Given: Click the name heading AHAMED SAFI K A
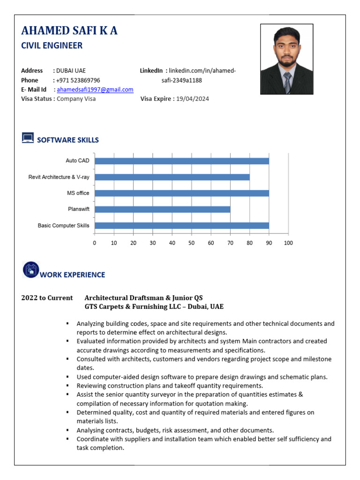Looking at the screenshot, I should point(69,31).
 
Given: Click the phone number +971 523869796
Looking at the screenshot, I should point(78,80).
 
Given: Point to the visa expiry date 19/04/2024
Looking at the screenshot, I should point(193,99).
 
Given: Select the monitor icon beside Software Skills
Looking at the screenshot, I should point(28,138).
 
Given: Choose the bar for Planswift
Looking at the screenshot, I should point(162,209).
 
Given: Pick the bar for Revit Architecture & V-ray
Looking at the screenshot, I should point(172,177).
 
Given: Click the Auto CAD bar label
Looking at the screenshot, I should point(77,161).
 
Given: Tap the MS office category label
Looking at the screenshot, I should point(78,193).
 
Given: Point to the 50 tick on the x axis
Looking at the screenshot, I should point(191,243).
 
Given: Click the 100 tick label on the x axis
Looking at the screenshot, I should point(288,243).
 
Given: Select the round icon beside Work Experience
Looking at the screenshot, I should point(30,270).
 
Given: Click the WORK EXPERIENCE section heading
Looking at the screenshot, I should point(72,275).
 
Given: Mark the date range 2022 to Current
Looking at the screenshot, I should point(47,298).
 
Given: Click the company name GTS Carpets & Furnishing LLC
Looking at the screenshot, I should point(136,307).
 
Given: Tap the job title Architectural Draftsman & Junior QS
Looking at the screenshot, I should point(143,298).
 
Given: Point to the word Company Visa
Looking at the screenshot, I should point(76,99).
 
